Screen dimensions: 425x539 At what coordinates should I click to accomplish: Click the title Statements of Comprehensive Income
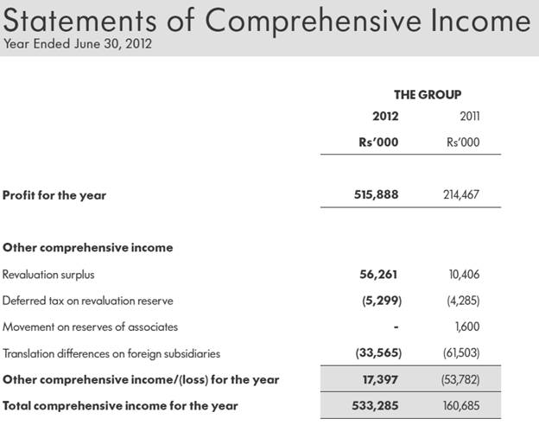point(266,20)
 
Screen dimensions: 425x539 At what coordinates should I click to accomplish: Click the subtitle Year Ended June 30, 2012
point(78,44)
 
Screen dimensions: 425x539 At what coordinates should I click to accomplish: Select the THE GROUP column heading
point(427,94)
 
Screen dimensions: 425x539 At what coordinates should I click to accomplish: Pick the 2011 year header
point(469,116)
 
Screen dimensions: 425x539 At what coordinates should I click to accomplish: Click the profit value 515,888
point(377,195)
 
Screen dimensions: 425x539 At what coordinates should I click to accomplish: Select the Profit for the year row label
point(54,195)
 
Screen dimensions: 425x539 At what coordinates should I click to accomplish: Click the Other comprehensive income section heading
point(88,248)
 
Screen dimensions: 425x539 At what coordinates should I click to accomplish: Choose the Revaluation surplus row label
point(48,275)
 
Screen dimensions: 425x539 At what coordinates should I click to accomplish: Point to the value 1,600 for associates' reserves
point(467,327)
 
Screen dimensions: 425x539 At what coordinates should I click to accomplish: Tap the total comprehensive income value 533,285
point(377,405)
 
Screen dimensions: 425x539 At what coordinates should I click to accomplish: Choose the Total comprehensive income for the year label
point(120,405)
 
